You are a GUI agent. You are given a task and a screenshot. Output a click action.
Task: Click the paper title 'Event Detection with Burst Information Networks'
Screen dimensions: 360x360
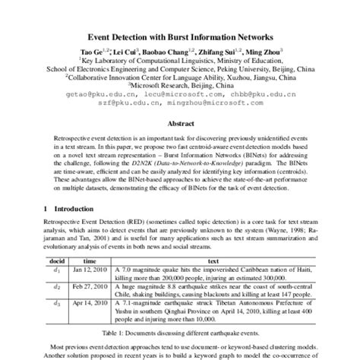point(181,36)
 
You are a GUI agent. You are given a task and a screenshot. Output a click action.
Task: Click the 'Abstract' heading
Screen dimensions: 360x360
point(180,122)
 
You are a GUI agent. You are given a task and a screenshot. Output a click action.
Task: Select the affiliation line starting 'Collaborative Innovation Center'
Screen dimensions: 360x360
point(180,77)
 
